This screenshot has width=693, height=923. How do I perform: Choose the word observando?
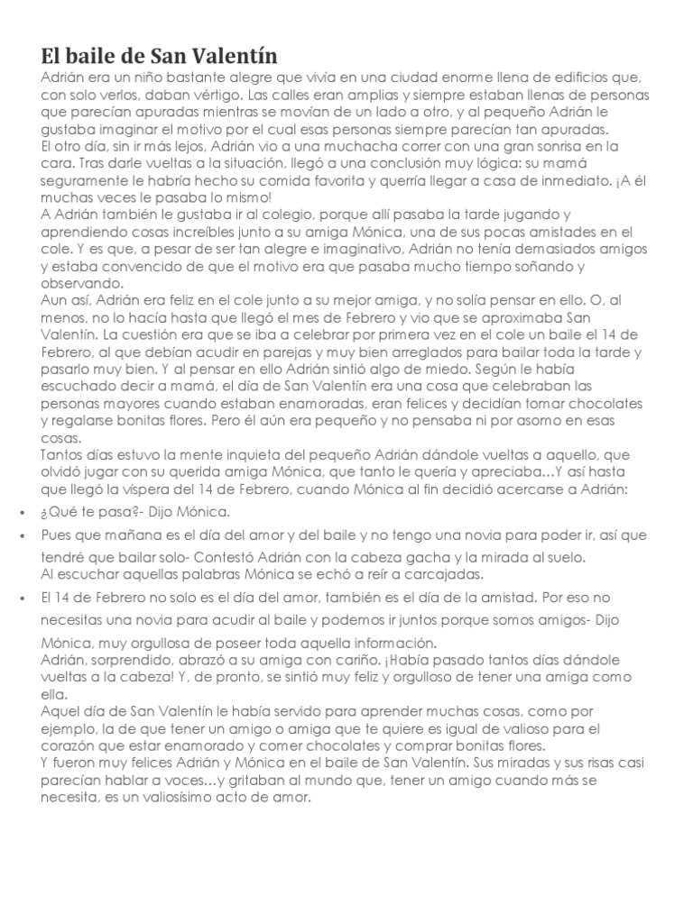78,283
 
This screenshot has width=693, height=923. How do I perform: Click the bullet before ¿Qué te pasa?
21,512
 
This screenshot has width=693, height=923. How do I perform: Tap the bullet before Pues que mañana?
21,535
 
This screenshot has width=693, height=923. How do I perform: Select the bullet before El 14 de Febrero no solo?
21,598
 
